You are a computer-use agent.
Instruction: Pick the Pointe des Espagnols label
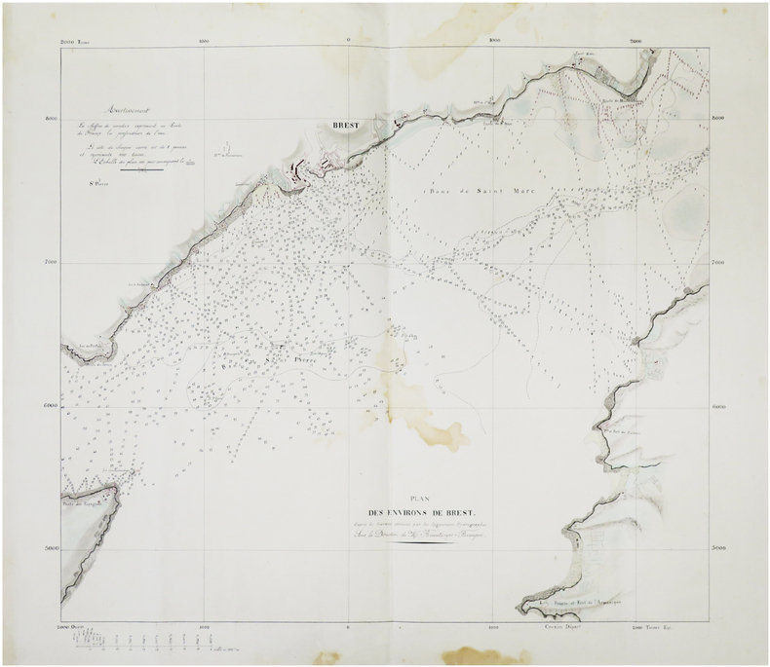pyautogui.click(x=80, y=505)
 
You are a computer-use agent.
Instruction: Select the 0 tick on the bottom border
pyautogui.click(x=349, y=628)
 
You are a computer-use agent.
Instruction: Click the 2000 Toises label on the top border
pyautogui.click(x=74, y=41)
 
